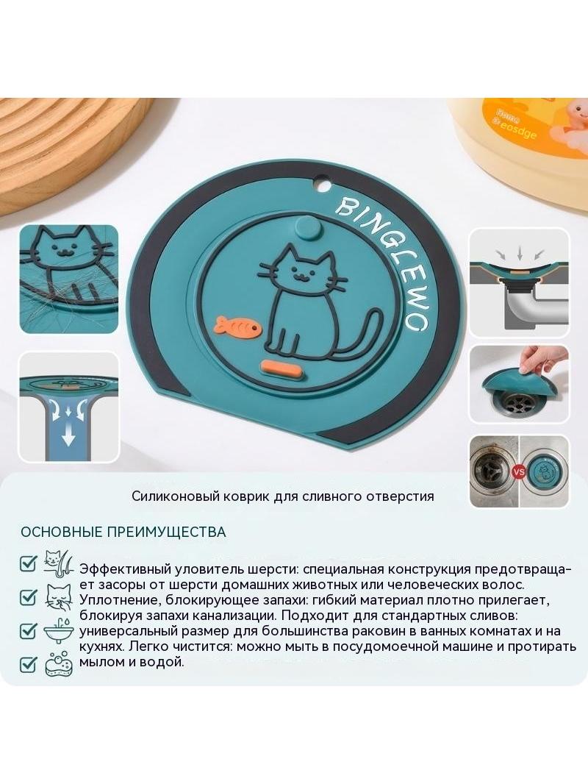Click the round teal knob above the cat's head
pos(308,229)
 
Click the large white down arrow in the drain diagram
pos(68,437)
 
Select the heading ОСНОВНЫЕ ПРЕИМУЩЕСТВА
pos(123,532)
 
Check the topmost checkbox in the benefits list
pos(29,563)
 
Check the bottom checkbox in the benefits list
pos(29,664)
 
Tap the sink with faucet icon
pos(59,631)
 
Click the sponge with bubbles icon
pos(59,665)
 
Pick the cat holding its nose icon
pos(59,597)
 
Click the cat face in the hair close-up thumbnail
pos(64,246)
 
